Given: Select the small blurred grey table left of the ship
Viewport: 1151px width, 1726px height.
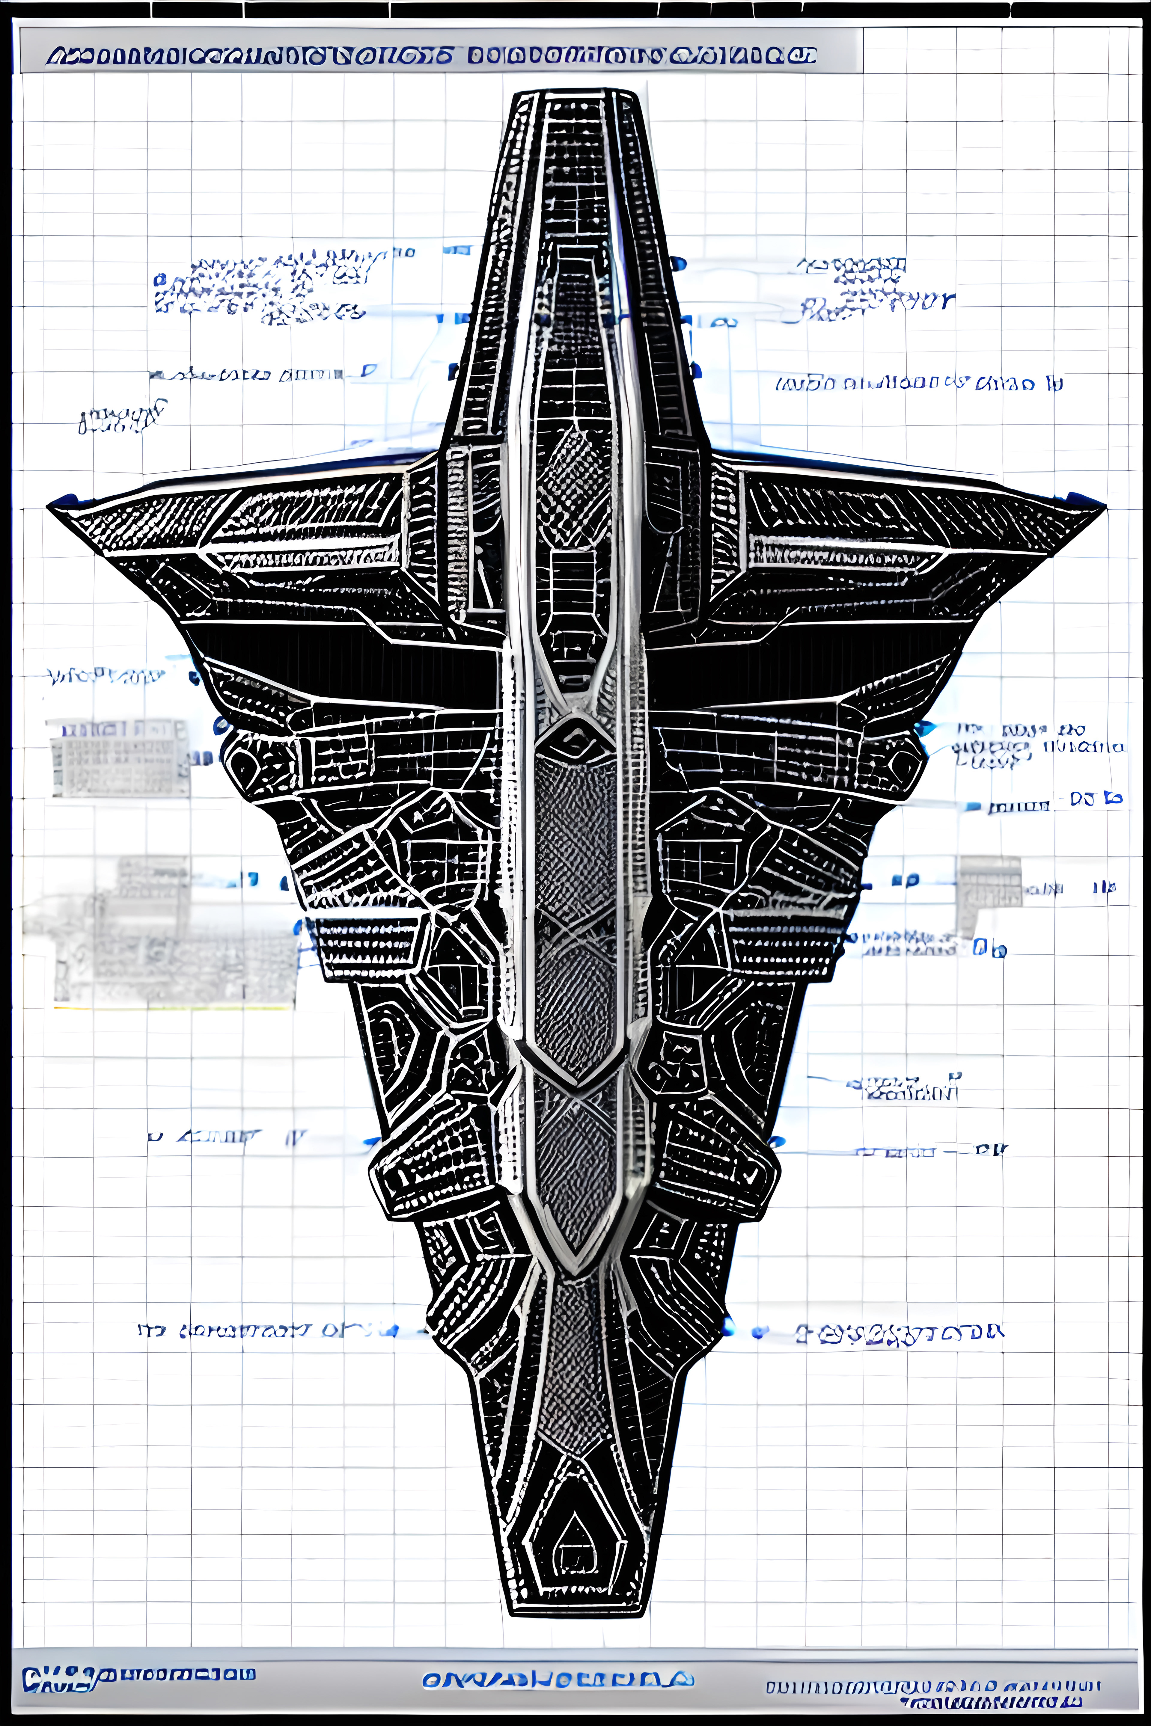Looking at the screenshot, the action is [117, 757].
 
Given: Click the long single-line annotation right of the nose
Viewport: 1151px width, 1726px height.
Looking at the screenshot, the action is [918, 383].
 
